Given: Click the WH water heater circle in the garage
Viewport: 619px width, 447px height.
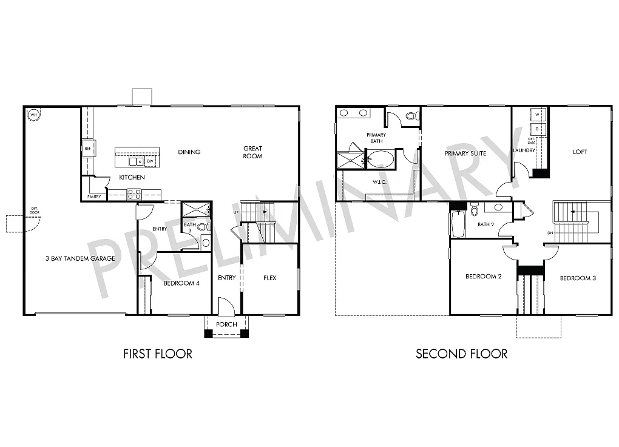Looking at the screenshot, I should [x=34, y=114].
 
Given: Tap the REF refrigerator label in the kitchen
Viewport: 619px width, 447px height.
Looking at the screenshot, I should [x=88, y=149].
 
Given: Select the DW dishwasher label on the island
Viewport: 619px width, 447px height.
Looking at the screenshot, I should [x=150, y=161].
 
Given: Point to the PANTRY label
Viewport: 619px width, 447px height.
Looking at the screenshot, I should [x=93, y=197].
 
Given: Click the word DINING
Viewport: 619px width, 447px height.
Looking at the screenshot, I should [x=189, y=152].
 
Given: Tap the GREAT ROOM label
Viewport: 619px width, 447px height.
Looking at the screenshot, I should [x=253, y=152].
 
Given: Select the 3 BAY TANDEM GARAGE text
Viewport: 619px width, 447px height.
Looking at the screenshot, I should [x=80, y=259].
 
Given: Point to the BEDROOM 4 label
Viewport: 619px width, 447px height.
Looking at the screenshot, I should [x=181, y=283].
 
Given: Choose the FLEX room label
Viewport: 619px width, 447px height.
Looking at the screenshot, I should [x=269, y=278].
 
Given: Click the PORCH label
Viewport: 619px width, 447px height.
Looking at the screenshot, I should [x=227, y=324].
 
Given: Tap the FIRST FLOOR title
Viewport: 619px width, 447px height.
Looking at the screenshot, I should [x=158, y=354].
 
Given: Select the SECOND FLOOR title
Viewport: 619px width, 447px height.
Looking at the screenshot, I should [x=461, y=354].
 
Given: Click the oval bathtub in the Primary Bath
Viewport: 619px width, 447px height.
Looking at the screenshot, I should [x=381, y=160].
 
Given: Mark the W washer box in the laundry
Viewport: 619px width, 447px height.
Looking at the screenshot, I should [x=537, y=115].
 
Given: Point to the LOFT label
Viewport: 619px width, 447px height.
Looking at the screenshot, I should [x=580, y=152].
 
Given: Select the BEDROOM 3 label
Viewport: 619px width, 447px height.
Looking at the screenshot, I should [x=578, y=278].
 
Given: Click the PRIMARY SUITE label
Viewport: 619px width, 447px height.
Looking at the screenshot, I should [x=465, y=153].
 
